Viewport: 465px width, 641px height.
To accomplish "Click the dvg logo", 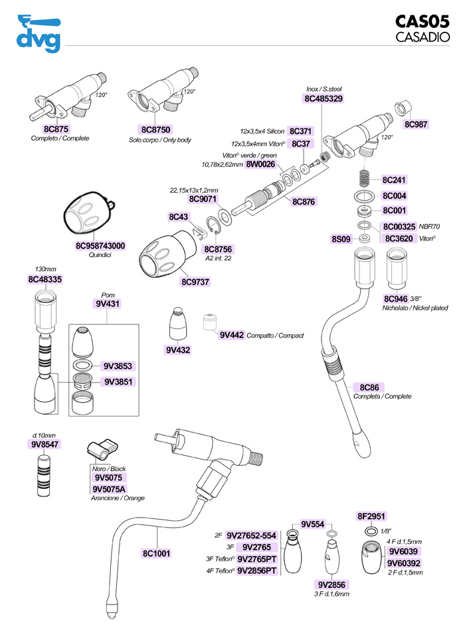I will [39, 33].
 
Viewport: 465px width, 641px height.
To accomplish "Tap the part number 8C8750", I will [157, 130].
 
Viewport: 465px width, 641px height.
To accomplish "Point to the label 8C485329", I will [323, 98].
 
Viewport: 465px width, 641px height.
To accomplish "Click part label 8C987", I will [416, 124].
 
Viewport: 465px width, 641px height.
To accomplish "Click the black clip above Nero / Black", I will [102, 451].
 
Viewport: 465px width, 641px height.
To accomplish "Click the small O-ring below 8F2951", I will [371, 532].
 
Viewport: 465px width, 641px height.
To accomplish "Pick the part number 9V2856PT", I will [256, 570].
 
